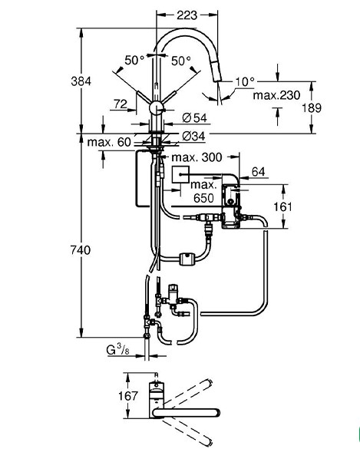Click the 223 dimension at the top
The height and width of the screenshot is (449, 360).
point(187,15)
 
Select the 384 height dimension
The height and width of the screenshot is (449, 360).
point(81,81)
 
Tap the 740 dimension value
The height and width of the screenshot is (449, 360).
point(81,250)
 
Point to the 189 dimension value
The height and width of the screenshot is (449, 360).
point(312,107)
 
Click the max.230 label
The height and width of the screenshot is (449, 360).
point(276,95)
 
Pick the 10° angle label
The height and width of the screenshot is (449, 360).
point(245,82)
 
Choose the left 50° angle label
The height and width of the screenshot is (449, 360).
point(134,60)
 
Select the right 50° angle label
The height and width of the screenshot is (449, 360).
point(181,61)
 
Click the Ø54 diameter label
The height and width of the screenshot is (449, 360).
point(194,117)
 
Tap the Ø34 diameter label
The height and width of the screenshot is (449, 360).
point(194,137)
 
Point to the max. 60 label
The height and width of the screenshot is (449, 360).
point(109,142)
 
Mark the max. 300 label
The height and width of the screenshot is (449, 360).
point(197,157)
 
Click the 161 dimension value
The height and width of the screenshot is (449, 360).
point(282,206)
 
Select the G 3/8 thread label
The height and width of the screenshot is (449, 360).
point(117,350)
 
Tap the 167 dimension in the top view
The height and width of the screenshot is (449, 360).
point(128,396)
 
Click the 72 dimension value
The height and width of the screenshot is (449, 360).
point(121,104)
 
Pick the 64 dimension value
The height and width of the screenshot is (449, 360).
point(259,172)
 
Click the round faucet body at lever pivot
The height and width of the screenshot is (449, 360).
point(157,108)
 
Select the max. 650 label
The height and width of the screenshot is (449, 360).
point(203,191)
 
